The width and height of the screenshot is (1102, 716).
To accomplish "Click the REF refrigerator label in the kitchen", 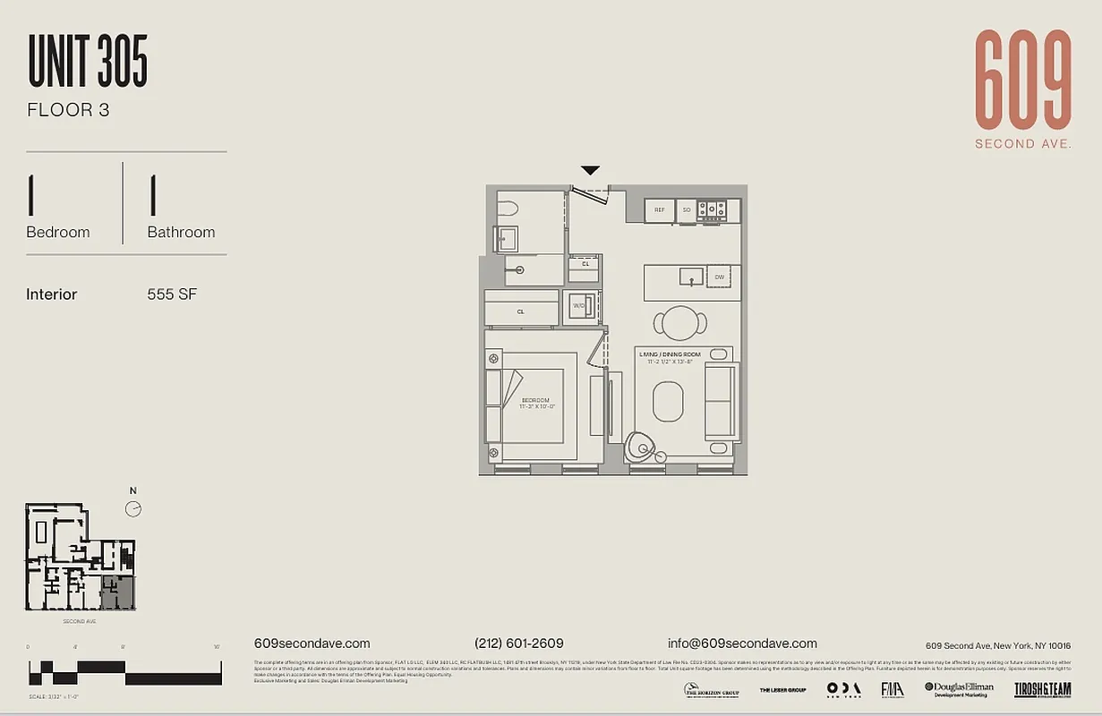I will tap(660, 210).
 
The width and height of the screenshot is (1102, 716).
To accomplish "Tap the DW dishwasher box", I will tap(719, 277).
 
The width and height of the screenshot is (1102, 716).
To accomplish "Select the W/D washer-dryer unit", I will tap(579, 305).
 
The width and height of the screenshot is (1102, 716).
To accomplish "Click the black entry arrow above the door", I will tap(590, 170).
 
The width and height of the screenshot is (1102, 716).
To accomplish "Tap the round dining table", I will tap(680, 322).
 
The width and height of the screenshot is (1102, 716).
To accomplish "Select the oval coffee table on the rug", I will tap(668, 402).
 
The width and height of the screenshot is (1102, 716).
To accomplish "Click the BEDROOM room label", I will tap(535, 400).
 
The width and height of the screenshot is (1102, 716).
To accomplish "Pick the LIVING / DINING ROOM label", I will tap(671, 354).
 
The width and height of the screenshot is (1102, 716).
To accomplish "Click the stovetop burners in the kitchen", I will tap(712, 210).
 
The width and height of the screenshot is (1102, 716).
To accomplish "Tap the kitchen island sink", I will tap(690, 276).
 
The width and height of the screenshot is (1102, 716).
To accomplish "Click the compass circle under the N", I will tap(133, 509).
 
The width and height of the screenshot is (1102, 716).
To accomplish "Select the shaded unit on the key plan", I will tap(117, 592).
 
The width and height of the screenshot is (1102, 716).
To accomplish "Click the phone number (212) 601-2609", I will tap(519, 644).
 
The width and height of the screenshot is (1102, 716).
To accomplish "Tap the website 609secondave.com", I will tap(312, 644).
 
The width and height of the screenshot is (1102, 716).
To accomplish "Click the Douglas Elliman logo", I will tap(959, 688).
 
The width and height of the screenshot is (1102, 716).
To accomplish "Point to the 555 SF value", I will tap(172, 294).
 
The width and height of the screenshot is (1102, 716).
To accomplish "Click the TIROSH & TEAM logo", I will tap(1042, 689).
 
